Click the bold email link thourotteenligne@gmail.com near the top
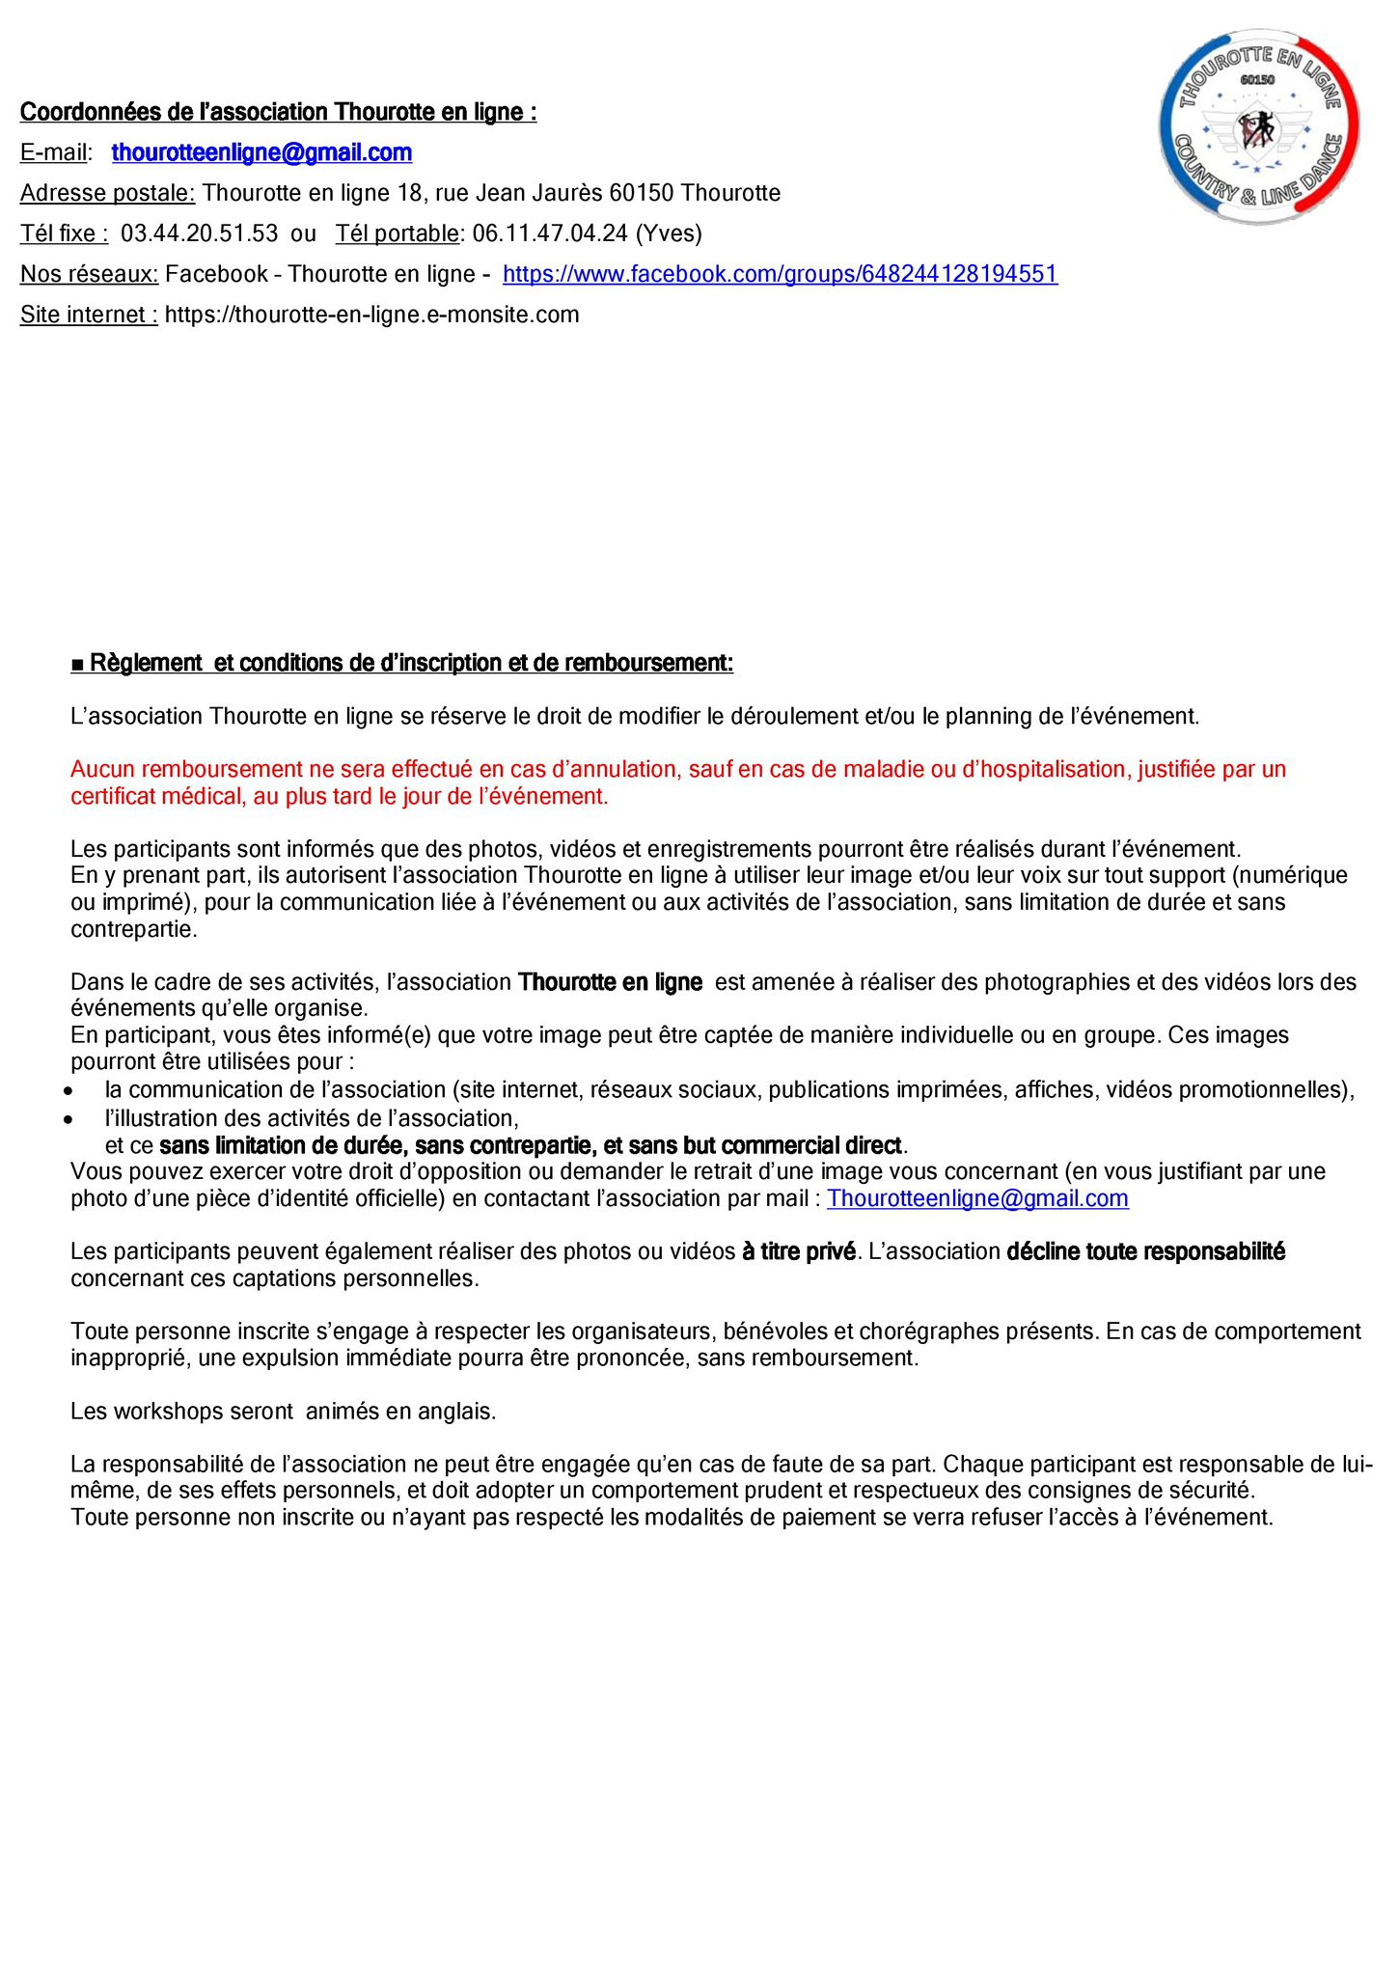click(x=261, y=152)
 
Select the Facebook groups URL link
click(x=780, y=274)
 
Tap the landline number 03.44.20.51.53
click(x=199, y=233)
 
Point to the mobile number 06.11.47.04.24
click(x=550, y=233)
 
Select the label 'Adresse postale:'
click(x=107, y=193)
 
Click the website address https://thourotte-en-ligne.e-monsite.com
click(x=371, y=315)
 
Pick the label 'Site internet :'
click(x=89, y=315)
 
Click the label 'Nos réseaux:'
click(x=89, y=274)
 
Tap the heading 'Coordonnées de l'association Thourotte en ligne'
click(x=278, y=112)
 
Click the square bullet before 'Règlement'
click(x=77, y=664)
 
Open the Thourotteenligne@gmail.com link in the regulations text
click(x=977, y=1198)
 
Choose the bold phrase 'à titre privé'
click(x=799, y=1251)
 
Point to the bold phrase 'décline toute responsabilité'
click(x=1145, y=1251)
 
